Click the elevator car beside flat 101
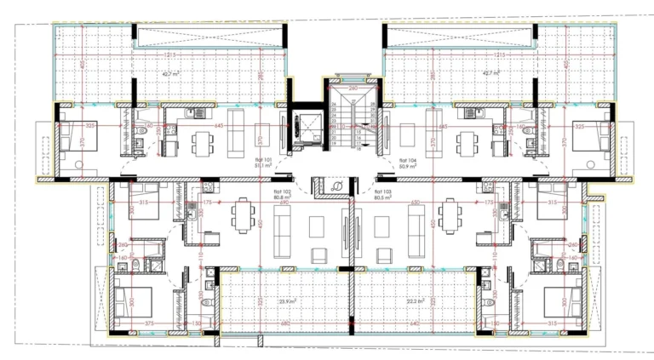301,128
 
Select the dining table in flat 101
202,137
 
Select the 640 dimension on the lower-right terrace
415,323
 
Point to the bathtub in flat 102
154,248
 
